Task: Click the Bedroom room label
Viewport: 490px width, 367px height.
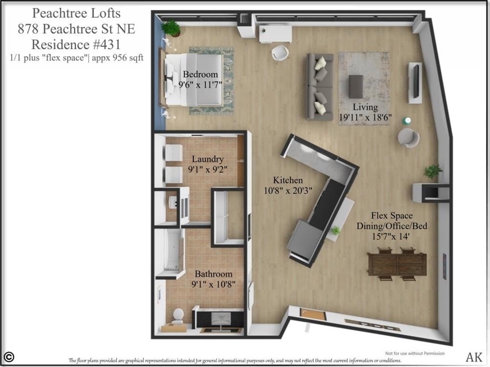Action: [x=200, y=74]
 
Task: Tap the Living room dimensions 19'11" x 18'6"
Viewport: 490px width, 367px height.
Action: [x=365, y=117]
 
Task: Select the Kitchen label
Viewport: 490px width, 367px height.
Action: [x=288, y=180]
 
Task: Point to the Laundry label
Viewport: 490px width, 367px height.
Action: [x=208, y=159]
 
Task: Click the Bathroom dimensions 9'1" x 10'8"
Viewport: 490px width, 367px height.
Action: [x=213, y=284]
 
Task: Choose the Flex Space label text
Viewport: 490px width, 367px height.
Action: [x=392, y=215]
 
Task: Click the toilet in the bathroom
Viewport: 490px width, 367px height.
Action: [x=178, y=316]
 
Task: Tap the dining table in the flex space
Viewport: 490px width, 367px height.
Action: [x=397, y=264]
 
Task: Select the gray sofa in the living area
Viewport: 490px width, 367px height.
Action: [x=320, y=86]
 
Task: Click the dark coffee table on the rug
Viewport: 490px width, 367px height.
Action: [x=356, y=86]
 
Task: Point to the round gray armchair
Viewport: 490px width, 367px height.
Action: [x=408, y=138]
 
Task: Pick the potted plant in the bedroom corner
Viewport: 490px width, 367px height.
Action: [x=171, y=28]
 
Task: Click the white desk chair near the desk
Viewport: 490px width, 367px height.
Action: [x=280, y=54]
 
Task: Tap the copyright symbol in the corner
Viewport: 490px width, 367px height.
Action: [x=9, y=357]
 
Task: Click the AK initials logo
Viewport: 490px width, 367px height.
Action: [x=474, y=357]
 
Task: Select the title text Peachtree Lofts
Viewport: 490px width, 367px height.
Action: [x=76, y=14]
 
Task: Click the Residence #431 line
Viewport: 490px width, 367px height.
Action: [x=76, y=44]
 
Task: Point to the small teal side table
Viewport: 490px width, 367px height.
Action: [x=407, y=120]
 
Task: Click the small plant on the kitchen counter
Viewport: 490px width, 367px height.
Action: [x=335, y=231]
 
